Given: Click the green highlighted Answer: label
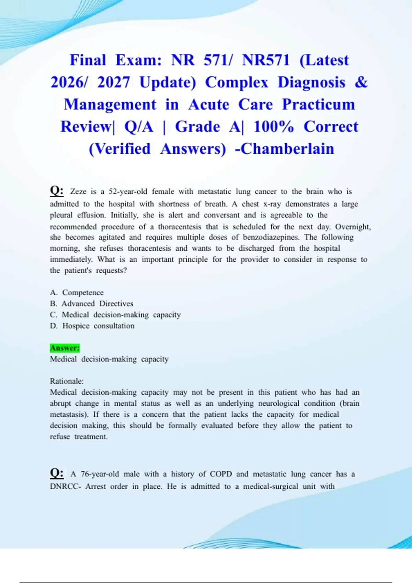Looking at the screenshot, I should pos(65,348).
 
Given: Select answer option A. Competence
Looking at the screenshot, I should pos(77,293).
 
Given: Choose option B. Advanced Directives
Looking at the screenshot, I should pos(91,304).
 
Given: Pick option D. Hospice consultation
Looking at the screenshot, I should pos(92,326).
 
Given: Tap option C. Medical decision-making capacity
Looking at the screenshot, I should pos(115,315).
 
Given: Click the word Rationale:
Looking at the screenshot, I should pos(67,381).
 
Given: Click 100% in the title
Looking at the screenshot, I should pos(274,127).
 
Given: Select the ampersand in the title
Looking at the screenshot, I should pos(361,82).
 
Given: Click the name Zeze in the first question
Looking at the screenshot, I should pos(78,191).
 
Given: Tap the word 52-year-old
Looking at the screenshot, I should pos(128,191).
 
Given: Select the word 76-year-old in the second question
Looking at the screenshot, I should pos(100,474).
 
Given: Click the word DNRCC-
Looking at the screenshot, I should pos(66,486).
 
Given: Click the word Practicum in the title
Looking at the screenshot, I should pos(318,105).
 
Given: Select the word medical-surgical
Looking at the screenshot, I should pos(271,486).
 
